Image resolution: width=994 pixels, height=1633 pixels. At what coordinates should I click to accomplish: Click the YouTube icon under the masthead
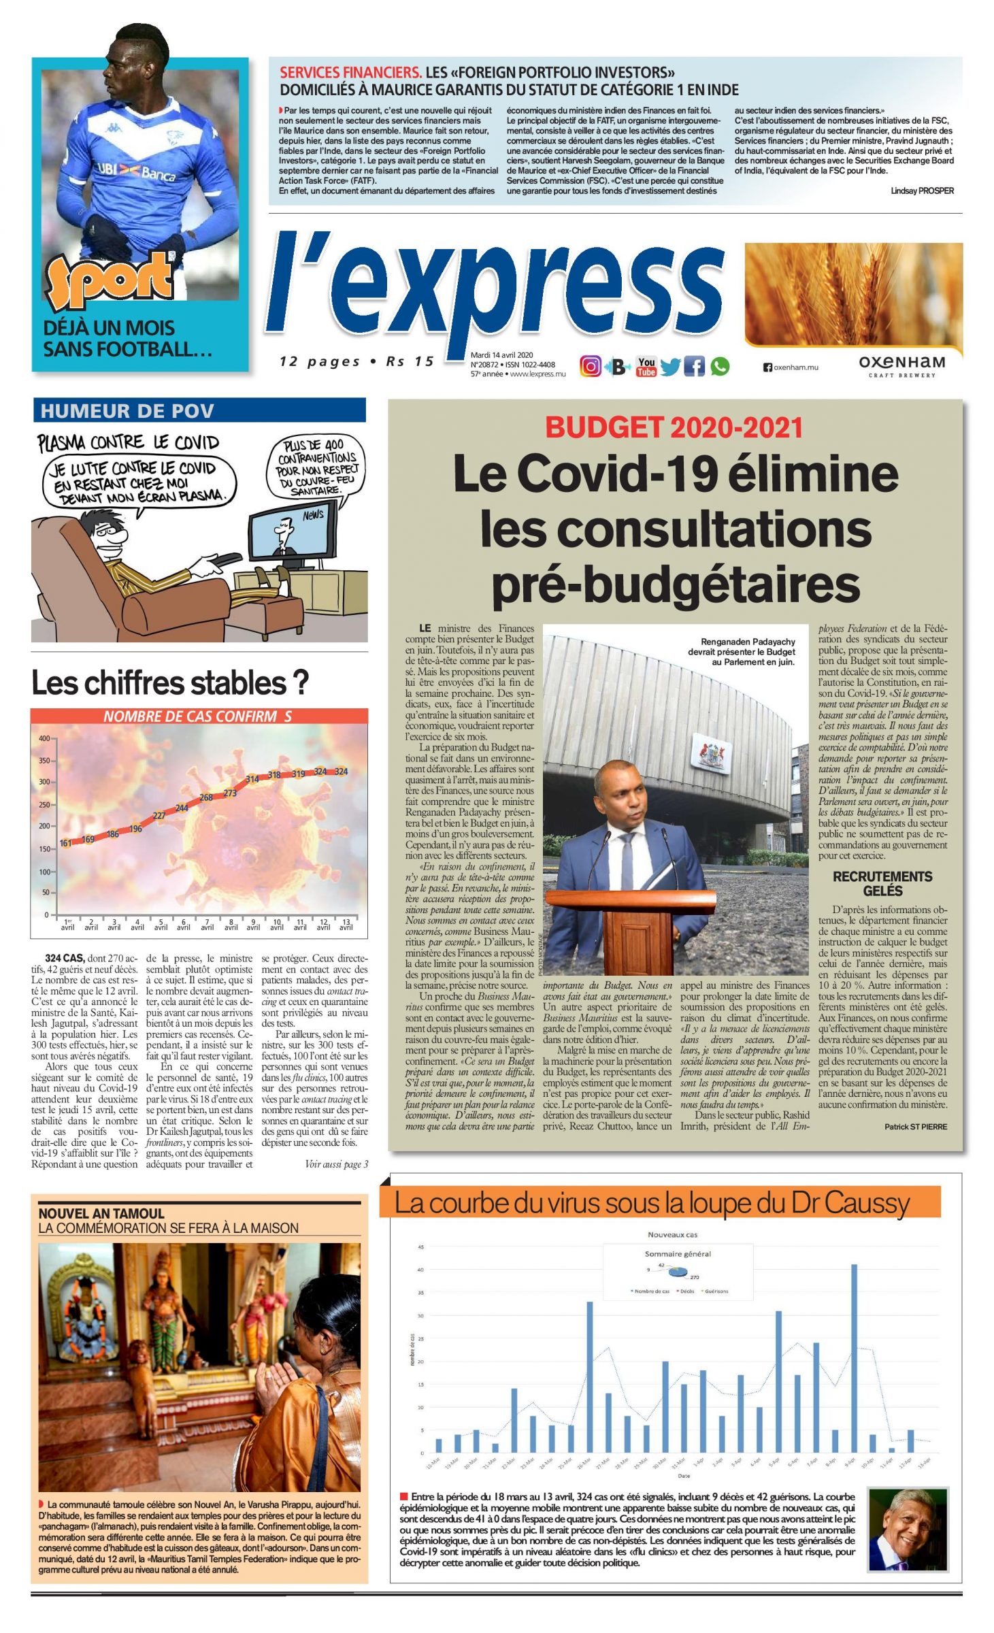point(646,366)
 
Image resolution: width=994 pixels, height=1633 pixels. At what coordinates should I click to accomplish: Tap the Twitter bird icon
point(669,367)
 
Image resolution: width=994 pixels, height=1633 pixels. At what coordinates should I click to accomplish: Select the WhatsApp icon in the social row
point(720,366)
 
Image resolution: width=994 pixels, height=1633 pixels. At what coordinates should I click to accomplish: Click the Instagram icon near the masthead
point(590,366)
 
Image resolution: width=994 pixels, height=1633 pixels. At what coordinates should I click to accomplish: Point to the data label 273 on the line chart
point(230,793)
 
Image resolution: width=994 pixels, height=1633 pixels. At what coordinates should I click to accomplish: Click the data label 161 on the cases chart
point(65,843)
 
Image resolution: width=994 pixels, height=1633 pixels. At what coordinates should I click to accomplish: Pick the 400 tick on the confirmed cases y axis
point(44,738)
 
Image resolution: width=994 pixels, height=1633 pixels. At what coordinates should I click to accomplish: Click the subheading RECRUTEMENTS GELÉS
point(882,883)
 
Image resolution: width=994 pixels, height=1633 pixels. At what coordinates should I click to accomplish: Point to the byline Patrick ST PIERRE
point(915,1127)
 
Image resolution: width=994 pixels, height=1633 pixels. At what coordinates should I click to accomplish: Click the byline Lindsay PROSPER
point(922,191)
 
